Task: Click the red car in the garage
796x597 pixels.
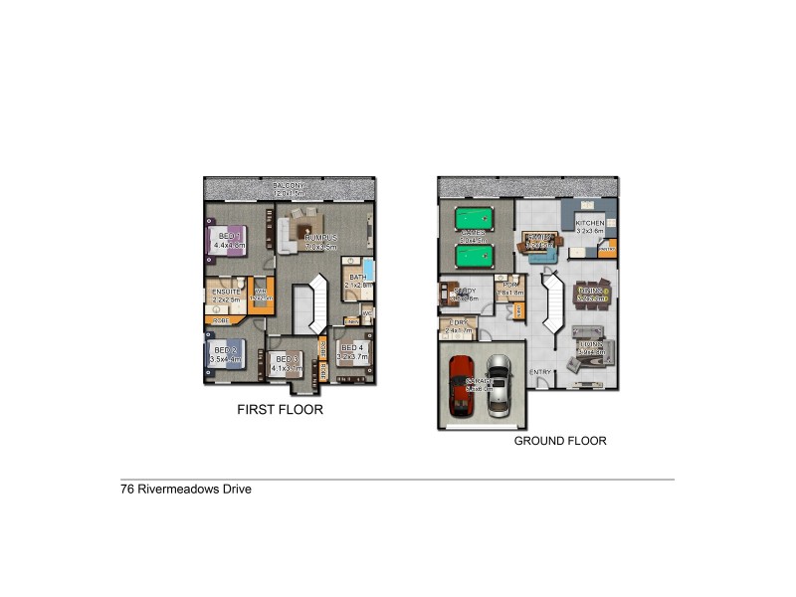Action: [x=462, y=385]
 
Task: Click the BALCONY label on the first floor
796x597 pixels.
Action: [x=291, y=186]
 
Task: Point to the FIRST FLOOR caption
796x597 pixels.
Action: [x=280, y=409]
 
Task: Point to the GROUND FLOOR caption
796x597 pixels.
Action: [x=560, y=441]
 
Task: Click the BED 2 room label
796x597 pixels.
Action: [x=224, y=350]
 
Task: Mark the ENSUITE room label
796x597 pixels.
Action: [x=225, y=291]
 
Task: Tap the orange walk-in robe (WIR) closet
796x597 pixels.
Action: [x=259, y=297]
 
